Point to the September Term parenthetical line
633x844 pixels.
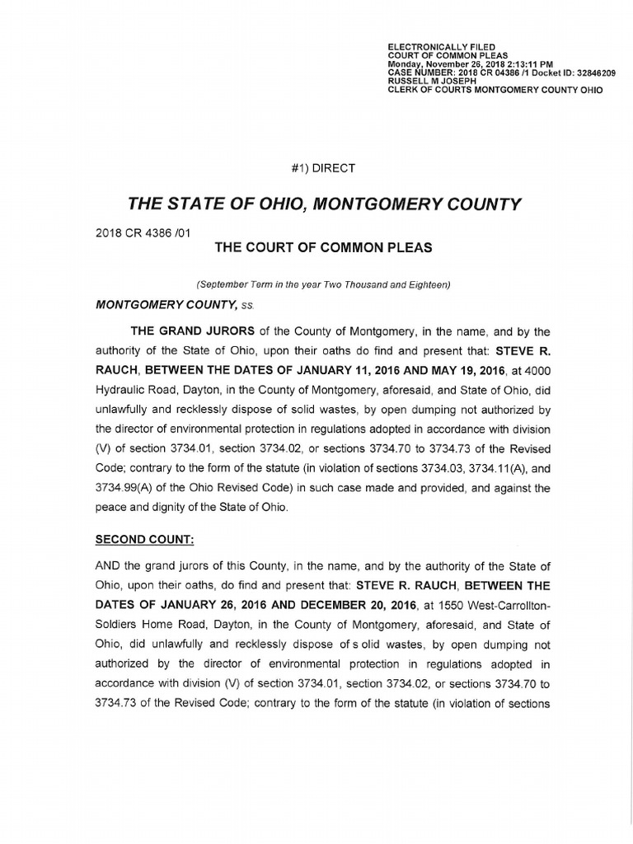(323, 284)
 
